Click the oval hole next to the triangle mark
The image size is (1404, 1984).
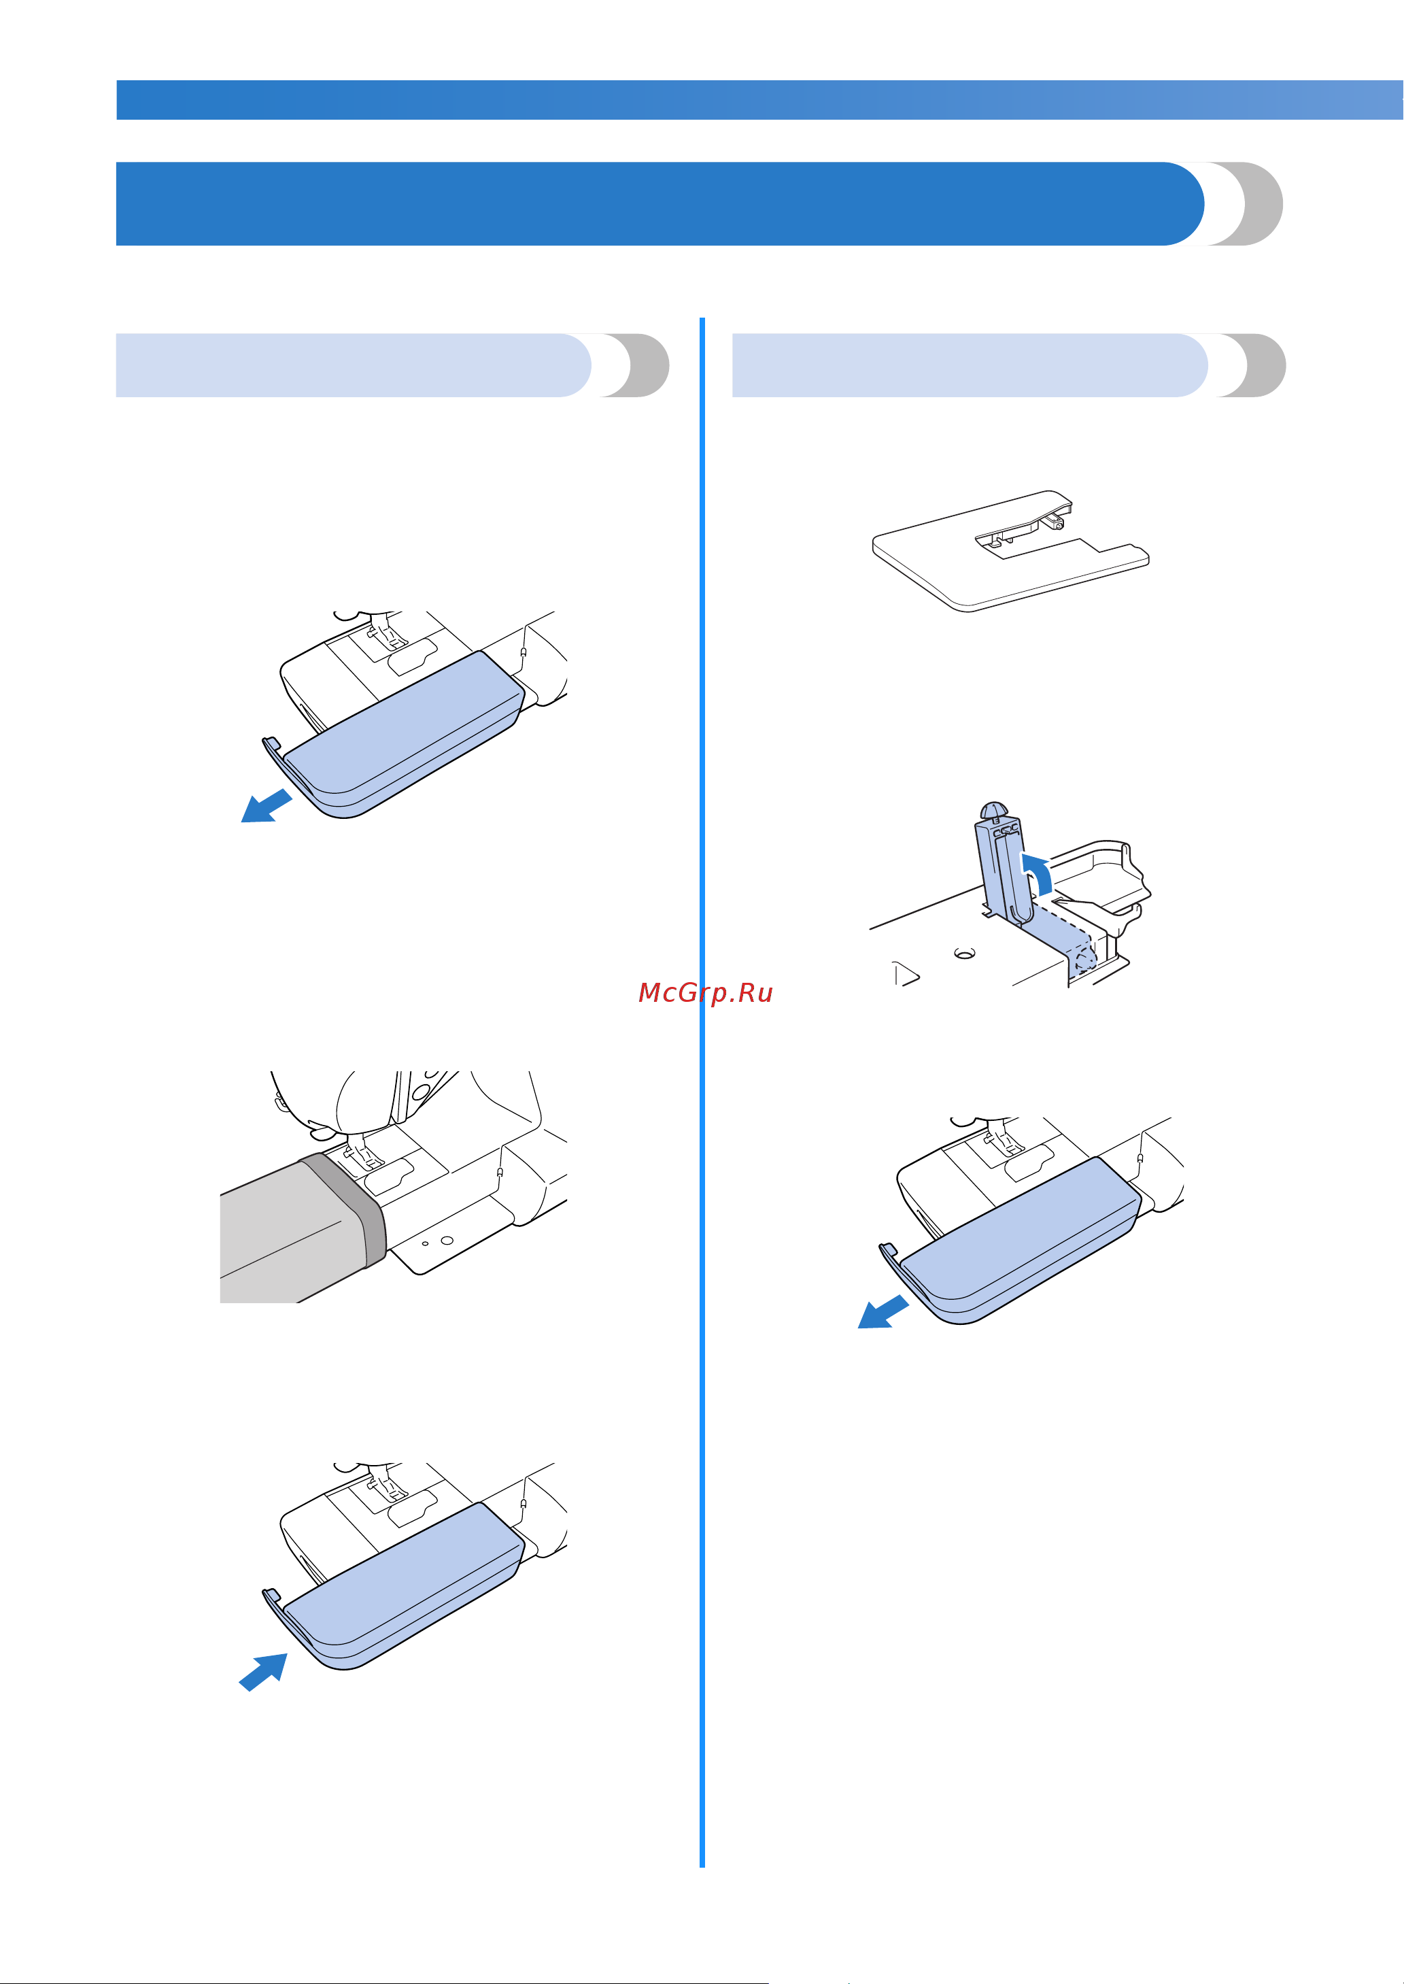964,953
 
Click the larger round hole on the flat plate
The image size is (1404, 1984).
446,1239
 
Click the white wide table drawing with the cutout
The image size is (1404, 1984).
1010,552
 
